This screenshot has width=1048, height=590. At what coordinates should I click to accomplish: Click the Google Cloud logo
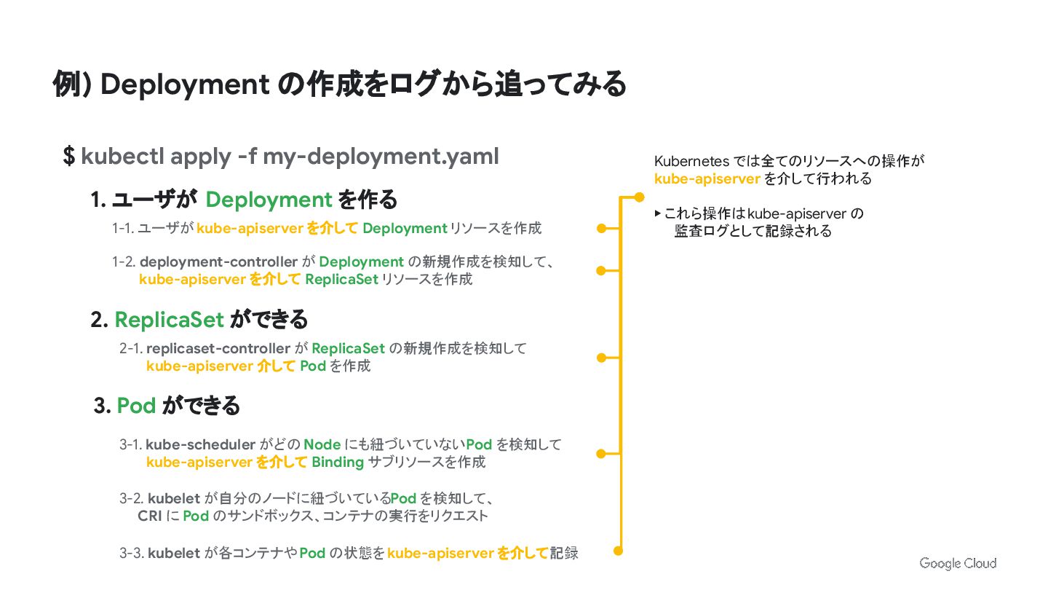tap(957, 563)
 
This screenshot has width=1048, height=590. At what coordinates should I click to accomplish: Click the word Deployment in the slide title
tap(185, 84)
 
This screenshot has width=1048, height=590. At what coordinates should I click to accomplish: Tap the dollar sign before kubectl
tap(68, 156)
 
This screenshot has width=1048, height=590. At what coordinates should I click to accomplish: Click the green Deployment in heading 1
tap(269, 200)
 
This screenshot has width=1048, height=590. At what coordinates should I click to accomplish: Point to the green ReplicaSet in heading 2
tap(169, 320)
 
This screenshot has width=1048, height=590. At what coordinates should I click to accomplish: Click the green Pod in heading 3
tap(136, 406)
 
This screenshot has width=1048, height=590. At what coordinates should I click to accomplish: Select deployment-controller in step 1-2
tap(218, 261)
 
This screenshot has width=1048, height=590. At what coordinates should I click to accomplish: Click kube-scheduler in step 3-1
tap(200, 444)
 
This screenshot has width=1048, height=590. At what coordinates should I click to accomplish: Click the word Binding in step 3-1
tap(337, 462)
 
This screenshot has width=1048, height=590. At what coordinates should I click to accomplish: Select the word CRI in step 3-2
tap(149, 516)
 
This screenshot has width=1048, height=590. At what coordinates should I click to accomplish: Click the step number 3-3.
tap(132, 553)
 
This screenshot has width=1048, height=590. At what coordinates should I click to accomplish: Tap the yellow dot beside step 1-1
tap(601, 229)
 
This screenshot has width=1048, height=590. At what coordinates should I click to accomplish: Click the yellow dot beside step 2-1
tap(601, 358)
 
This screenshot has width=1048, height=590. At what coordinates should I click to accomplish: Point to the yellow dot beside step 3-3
tap(619, 551)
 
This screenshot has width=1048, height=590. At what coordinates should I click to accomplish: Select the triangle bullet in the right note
tap(658, 213)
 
